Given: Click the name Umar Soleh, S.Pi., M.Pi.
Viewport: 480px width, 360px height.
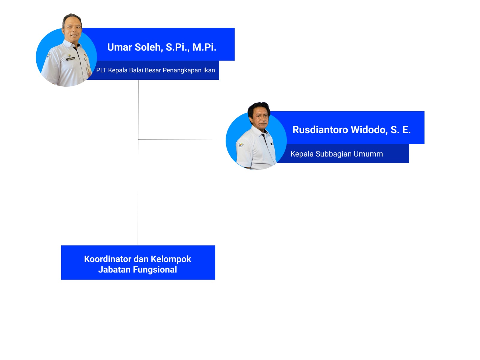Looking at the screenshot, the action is click(x=162, y=47).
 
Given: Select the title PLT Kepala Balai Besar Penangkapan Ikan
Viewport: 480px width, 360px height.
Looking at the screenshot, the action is click(x=155, y=70).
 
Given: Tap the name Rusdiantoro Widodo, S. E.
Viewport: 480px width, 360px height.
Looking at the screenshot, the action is click(x=351, y=130).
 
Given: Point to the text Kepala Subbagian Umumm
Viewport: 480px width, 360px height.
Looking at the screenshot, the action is click(x=337, y=154).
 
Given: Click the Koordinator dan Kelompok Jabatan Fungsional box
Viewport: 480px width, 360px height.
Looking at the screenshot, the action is click(x=138, y=262).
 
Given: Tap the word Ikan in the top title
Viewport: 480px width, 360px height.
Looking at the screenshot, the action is click(x=209, y=70).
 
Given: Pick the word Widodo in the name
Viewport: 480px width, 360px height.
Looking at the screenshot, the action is click(x=369, y=130).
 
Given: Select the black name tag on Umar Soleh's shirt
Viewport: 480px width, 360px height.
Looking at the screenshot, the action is click(x=70, y=59).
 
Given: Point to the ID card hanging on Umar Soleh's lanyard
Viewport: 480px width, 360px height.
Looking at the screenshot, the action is click(x=89, y=72).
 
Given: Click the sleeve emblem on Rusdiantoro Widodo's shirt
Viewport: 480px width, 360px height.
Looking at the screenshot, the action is click(x=241, y=144).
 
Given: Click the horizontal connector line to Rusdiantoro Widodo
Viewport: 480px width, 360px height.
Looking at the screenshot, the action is click(x=182, y=140).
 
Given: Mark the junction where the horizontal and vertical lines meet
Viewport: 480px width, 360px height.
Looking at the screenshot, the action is click(x=138, y=139).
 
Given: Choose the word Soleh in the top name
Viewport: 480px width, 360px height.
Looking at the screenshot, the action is click(x=148, y=47).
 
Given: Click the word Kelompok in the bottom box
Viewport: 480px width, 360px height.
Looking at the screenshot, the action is click(x=171, y=259).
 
